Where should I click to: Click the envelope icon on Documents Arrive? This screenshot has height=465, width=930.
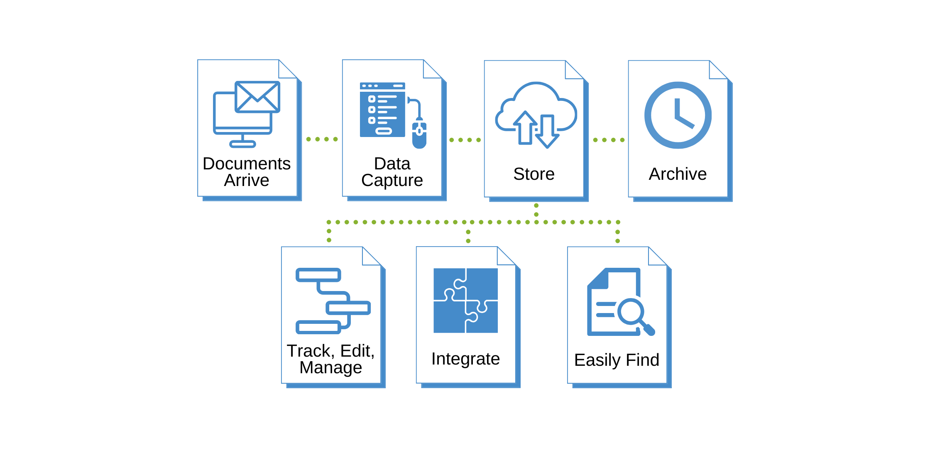257,97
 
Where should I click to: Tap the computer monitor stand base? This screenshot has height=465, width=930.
242,144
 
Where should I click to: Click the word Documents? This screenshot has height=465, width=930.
246,164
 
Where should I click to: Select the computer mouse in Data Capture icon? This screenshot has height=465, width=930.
419,135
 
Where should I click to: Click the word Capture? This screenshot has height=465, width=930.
392,181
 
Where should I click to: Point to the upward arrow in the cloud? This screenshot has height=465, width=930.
526,127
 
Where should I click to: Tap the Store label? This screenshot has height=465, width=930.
534,174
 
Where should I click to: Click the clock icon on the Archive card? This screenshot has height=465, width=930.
678,115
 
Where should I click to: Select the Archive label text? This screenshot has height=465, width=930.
678,174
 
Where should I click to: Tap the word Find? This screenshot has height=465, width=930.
643,360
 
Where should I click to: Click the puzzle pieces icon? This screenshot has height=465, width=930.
465,300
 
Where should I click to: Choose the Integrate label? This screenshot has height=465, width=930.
465,359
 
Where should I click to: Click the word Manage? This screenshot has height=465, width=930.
330,368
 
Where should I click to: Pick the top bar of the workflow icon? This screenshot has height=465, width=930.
318,275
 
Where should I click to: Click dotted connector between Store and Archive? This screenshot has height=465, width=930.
609,140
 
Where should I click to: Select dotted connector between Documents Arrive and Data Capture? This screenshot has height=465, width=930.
322,139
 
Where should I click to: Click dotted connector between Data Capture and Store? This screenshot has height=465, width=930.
465,140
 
